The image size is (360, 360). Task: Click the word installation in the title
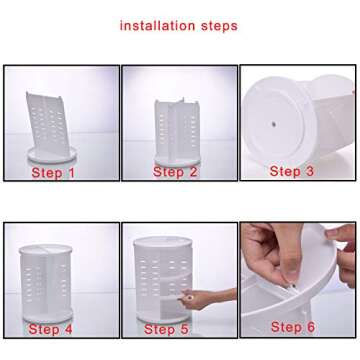pyautogui.click(x=157, y=26)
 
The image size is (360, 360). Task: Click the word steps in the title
pyautogui.click(x=219, y=27)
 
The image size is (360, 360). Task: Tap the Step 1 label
pyautogui.click(x=53, y=173)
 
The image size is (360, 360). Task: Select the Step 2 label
pyautogui.click(x=175, y=172)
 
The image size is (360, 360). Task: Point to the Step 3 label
pyautogui.click(x=291, y=171)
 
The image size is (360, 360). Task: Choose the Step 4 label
pyautogui.click(x=50, y=329)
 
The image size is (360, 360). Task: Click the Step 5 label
pyautogui.click(x=166, y=329)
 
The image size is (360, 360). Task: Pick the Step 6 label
pyautogui.click(x=293, y=327)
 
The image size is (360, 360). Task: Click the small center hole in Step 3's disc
pyautogui.click(x=274, y=125)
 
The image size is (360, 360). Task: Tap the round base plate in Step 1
pyautogui.click(x=52, y=154)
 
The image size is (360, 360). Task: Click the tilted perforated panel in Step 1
pyautogui.click(x=47, y=124)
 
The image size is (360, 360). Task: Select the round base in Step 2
pyautogui.click(x=177, y=160)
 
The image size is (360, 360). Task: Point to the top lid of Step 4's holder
pyautogui.click(x=46, y=249)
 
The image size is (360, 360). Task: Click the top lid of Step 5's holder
pyautogui.click(x=163, y=242)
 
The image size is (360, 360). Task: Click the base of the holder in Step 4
pyautogui.click(x=48, y=315)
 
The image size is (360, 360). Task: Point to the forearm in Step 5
pyautogui.click(x=222, y=295)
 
